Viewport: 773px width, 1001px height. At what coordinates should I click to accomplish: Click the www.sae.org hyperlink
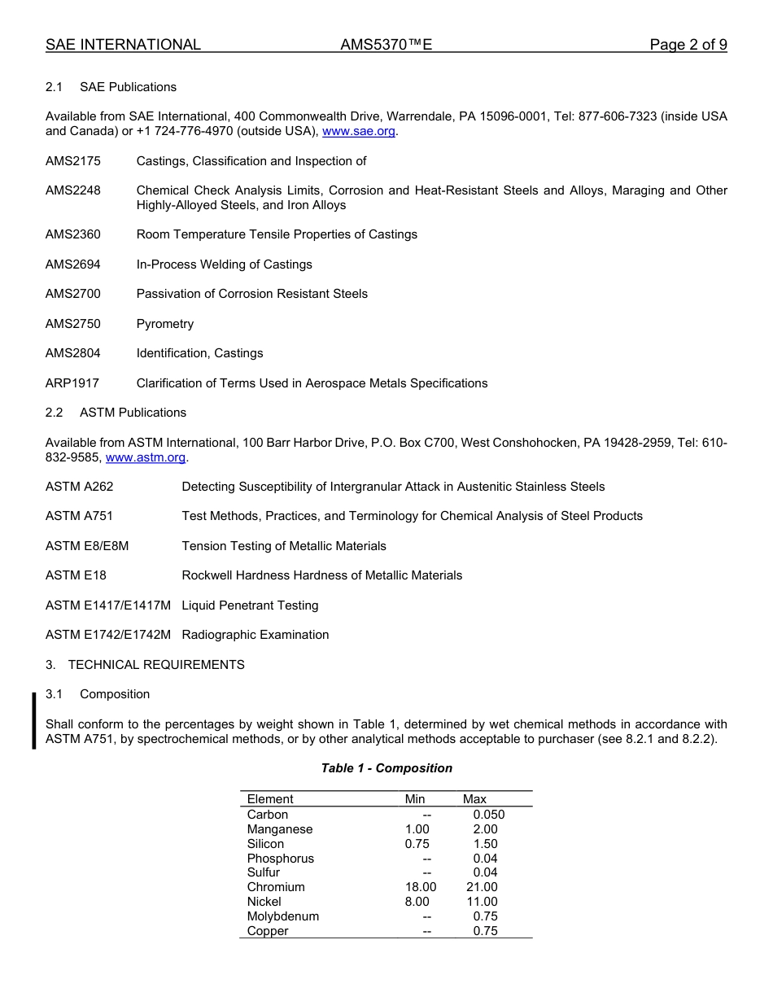click(359, 131)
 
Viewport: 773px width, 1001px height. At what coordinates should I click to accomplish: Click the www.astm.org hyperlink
click(146, 457)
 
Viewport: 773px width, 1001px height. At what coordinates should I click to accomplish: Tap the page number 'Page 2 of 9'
click(688, 45)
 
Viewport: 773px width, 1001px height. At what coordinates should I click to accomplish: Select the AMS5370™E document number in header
click(386, 45)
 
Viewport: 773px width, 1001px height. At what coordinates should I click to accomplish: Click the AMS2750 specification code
click(73, 324)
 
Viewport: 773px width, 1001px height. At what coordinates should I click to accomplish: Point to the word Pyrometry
click(165, 324)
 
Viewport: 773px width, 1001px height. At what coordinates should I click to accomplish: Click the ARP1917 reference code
click(72, 383)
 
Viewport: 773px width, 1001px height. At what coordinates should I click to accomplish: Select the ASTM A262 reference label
click(80, 487)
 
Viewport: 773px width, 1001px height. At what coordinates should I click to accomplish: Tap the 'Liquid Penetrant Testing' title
click(250, 605)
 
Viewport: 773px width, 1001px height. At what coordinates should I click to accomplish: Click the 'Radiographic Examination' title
click(255, 635)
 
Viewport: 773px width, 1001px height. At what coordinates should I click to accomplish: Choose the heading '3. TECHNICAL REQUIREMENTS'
click(145, 665)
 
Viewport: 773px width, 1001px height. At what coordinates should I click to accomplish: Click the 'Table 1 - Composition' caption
click(386, 768)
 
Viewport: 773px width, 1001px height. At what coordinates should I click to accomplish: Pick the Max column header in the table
click(474, 799)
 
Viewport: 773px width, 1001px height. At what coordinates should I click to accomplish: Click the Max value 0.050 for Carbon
click(488, 815)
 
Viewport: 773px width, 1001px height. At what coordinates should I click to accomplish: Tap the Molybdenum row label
click(283, 916)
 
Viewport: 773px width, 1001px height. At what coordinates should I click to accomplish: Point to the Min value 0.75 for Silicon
click(417, 844)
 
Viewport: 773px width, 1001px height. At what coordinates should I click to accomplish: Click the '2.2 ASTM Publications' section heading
click(116, 413)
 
